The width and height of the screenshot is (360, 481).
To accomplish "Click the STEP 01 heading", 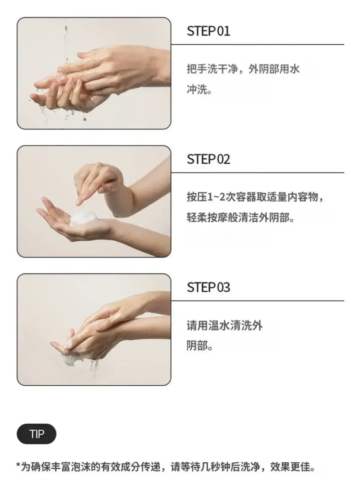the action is point(208,31).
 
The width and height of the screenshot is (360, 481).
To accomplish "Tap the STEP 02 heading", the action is point(208,159).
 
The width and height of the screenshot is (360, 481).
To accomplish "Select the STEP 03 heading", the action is point(208,287).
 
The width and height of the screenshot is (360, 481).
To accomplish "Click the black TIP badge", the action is point(37,434).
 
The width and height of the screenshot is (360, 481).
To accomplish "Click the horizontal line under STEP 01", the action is point(257,44).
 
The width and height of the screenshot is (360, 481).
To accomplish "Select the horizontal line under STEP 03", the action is point(257,300).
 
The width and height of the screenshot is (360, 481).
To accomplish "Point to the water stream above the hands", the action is point(65,42).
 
